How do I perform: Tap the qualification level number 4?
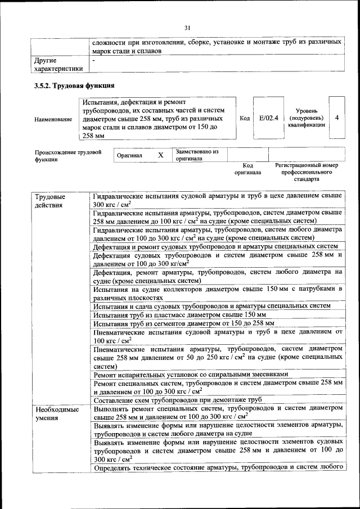coord(336,119)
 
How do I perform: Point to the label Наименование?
coord(53,119)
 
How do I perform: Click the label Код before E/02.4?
coord(245,119)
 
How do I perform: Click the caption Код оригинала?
coord(248,169)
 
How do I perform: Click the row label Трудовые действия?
coord(50,201)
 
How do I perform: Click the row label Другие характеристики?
coord(58,64)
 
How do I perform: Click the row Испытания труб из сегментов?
coord(184,323)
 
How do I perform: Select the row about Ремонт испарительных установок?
coord(191,374)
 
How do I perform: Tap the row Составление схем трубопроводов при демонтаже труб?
coord(178,399)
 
